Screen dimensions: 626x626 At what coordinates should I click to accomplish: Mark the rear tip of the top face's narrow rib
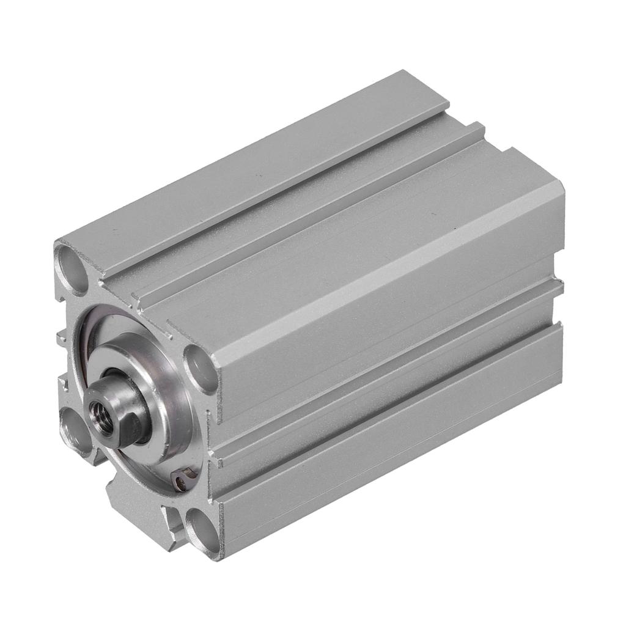477,127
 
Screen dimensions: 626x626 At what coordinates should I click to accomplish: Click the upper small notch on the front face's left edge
62,336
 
